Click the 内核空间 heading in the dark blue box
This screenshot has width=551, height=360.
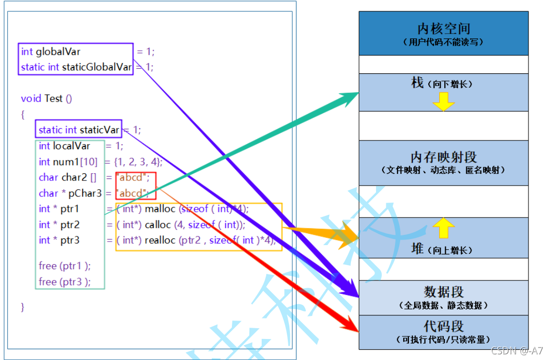pos(443,29)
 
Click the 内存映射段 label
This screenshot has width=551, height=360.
pos(443,156)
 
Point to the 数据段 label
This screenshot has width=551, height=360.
pos(443,292)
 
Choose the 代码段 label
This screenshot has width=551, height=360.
pos(443,326)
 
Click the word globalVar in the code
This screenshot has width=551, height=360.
pos(58,51)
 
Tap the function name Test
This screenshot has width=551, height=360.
pos(53,98)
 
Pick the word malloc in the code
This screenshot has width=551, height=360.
pos(161,209)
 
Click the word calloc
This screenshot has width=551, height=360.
pos(159,225)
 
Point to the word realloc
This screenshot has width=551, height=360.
pos(161,240)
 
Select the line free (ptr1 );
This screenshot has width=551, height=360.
pos(65,266)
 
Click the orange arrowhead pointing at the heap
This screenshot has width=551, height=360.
pos(348,236)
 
